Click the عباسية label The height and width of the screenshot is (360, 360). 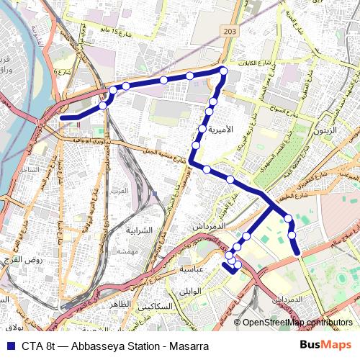193,268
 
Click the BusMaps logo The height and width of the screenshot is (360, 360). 325,346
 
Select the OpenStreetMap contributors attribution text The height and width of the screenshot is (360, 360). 297,322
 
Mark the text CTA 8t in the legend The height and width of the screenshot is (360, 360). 38,346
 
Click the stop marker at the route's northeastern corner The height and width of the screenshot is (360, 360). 224,71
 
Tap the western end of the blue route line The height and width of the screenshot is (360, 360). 63,117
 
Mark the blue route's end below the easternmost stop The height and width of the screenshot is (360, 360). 297,252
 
